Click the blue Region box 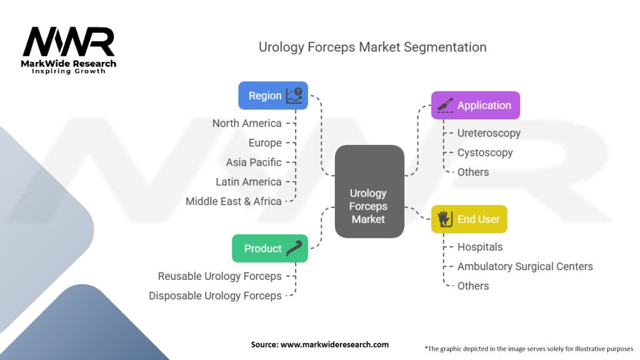(x=273, y=96)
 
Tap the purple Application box (x=476, y=105)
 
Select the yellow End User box (x=469, y=219)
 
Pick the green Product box (x=270, y=248)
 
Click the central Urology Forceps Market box (x=369, y=191)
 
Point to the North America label (x=247, y=123)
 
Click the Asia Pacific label (x=254, y=162)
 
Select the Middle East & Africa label (x=234, y=201)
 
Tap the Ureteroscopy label (x=489, y=134)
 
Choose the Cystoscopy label (x=485, y=153)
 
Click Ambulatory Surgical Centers (x=525, y=266)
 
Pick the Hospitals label (x=480, y=247)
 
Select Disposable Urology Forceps (x=215, y=296)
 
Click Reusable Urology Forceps (x=219, y=276)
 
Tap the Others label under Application (x=473, y=172)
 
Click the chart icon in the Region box (x=294, y=96)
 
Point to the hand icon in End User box (x=444, y=219)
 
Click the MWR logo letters (x=69, y=42)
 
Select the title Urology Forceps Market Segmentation (x=372, y=47)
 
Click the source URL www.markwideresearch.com (x=335, y=344)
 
